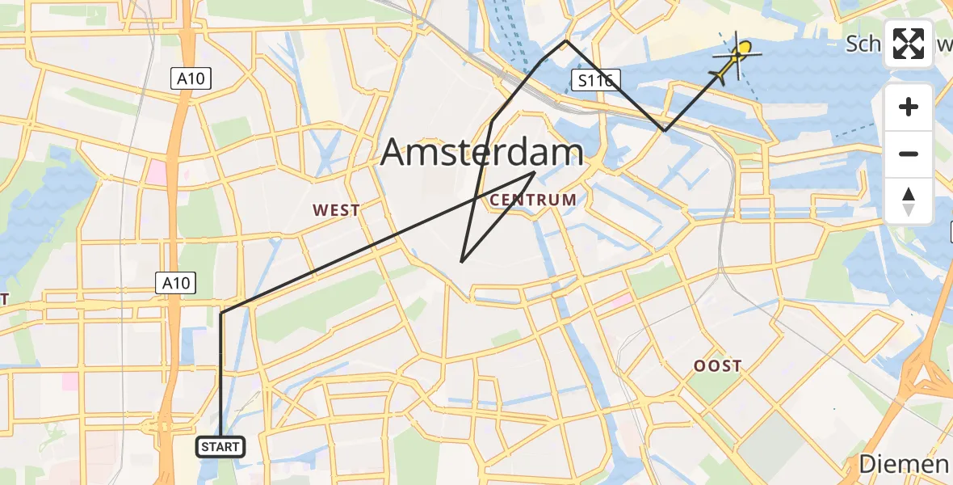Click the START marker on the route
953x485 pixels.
tap(220, 446)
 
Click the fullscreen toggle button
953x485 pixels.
tap(909, 44)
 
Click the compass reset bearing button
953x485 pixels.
tap(909, 200)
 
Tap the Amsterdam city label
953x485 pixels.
tap(482, 152)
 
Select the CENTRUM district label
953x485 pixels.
tap(533, 200)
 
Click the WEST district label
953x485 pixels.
tap(337, 211)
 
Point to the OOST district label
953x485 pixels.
tap(717, 366)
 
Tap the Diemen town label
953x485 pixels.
tap(903, 464)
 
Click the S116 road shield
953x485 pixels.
tap(596, 79)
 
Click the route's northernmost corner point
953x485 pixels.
tap(566, 40)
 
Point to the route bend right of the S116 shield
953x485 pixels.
tap(665, 129)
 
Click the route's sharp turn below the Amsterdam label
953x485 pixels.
tap(461, 262)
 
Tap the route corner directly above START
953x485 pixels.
tap(220, 313)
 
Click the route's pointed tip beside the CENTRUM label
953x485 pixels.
tap(535, 172)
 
